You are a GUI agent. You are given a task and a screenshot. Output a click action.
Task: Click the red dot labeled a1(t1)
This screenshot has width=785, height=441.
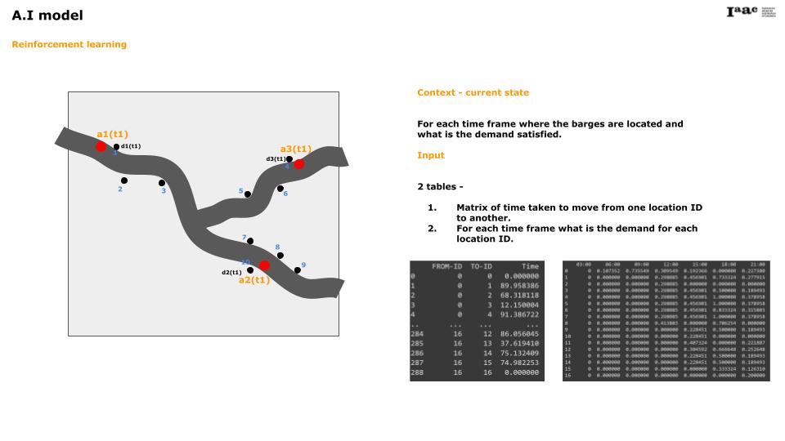101,146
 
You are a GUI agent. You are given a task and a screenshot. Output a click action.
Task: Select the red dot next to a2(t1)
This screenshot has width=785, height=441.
264,265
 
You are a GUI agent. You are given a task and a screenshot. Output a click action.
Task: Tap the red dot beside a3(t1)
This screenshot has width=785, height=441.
299,164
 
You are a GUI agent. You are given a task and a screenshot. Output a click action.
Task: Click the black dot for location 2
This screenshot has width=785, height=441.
124,180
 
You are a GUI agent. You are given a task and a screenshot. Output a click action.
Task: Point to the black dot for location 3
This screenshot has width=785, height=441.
162,183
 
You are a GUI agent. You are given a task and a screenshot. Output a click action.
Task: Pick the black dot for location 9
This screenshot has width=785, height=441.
298,269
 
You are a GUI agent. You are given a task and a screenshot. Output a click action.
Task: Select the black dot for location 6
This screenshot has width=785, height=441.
280,189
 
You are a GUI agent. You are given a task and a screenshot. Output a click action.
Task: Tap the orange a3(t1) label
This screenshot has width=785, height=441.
295,149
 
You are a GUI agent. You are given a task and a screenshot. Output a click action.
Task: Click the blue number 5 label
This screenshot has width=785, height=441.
241,191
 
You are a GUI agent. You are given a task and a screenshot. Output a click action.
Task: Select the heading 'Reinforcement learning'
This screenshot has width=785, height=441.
69,44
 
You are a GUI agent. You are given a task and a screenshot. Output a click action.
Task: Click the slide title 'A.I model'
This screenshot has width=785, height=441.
47,16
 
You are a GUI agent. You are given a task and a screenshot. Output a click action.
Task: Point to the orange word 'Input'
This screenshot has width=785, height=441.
431,155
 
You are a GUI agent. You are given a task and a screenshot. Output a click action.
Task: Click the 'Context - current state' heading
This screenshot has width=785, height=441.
473,93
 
